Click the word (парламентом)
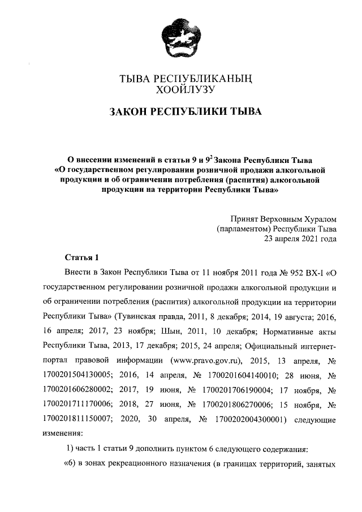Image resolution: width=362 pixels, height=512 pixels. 243,229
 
